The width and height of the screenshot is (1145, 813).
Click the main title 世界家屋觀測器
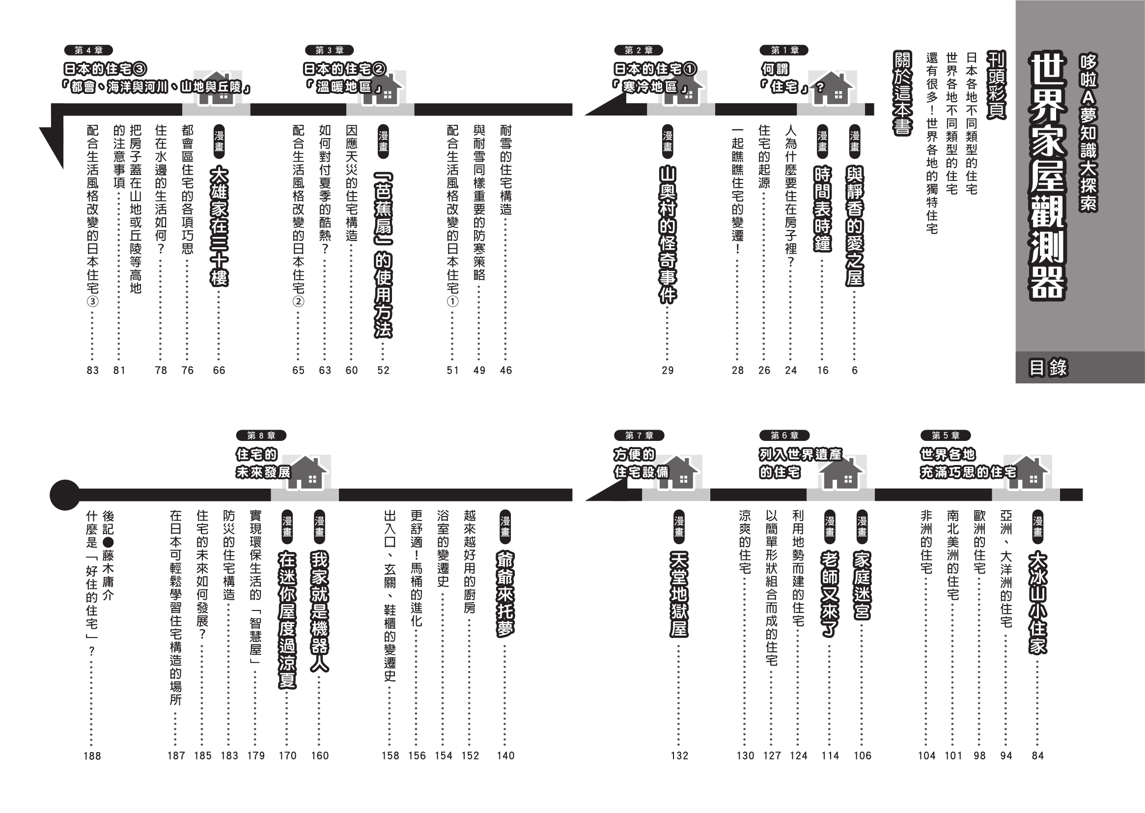(x=1046, y=177)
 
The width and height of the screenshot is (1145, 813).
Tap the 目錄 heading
(x=1047, y=368)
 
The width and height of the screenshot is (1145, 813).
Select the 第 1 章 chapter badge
(x=784, y=50)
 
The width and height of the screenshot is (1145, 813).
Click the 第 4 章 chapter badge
(x=88, y=50)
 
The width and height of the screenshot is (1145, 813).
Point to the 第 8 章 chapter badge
(x=262, y=436)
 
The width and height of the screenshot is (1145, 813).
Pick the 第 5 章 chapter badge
(x=946, y=436)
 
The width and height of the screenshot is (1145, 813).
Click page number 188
(x=92, y=756)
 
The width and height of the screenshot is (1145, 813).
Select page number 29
(x=668, y=371)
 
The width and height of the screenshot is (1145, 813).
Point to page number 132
(x=679, y=756)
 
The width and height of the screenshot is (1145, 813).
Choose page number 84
(x=1038, y=756)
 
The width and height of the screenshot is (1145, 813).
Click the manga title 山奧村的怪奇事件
(x=668, y=235)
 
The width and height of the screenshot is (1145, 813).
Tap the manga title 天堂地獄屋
(x=679, y=594)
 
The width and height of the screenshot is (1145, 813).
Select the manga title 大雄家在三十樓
(x=219, y=226)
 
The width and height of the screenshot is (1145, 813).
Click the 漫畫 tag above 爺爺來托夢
(x=505, y=526)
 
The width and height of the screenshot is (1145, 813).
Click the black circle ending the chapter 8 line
(x=65, y=495)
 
